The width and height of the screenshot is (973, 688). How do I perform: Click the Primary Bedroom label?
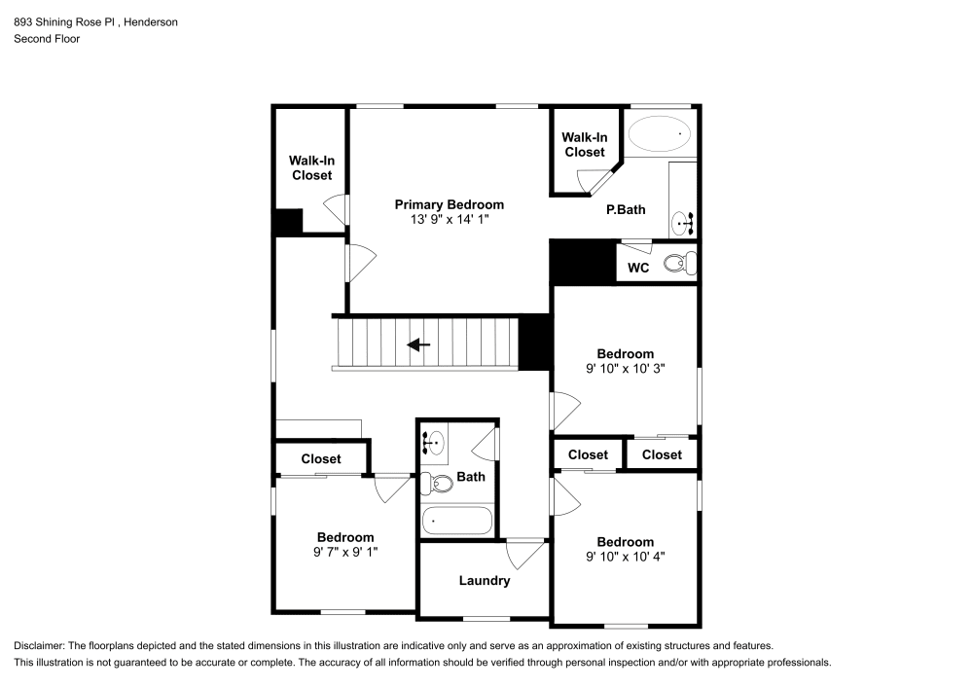click(449, 204)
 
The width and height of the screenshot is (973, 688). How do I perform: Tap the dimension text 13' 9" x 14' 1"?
click(449, 220)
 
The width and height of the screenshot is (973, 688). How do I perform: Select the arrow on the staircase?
click(419, 344)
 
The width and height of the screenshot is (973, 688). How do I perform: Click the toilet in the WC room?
click(681, 262)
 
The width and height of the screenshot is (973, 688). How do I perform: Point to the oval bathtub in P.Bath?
click(661, 133)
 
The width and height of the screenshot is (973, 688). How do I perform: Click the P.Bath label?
click(627, 209)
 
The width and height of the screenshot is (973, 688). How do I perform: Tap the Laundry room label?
click(484, 581)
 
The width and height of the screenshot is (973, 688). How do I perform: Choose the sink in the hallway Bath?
click(435, 443)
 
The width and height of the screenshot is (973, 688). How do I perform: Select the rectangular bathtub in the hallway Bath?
click(458, 521)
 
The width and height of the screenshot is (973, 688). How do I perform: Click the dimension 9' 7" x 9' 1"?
click(345, 552)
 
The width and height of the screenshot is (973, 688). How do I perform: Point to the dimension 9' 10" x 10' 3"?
click(625, 369)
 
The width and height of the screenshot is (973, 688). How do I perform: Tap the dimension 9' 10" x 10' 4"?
click(625, 557)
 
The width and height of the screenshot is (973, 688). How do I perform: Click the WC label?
click(638, 268)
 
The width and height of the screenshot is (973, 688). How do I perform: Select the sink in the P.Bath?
click(683, 224)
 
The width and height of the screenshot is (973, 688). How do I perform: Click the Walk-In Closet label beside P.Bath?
click(584, 145)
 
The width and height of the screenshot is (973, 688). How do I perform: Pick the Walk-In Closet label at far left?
click(311, 168)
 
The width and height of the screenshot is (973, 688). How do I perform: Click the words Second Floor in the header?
click(47, 39)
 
